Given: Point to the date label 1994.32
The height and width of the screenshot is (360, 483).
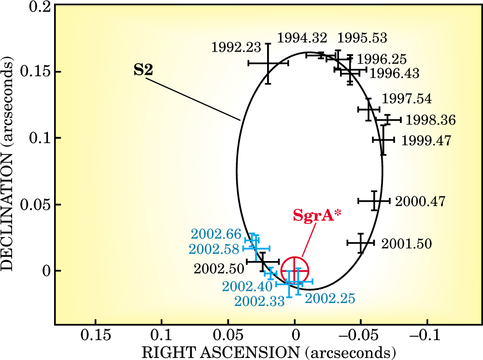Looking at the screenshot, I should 302,38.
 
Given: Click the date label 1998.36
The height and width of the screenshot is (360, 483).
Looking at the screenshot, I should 431,120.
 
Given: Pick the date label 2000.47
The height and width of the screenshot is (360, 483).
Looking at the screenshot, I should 420,201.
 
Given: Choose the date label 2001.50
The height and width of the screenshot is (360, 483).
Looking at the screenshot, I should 406,244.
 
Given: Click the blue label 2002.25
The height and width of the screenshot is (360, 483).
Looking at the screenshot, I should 330,298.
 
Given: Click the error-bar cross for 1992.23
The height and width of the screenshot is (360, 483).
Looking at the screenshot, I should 268,63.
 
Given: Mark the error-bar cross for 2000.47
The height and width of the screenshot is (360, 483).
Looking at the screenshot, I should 374,200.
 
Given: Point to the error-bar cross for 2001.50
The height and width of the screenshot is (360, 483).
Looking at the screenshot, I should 361,242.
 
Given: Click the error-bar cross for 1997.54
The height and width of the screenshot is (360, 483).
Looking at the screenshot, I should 369,110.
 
